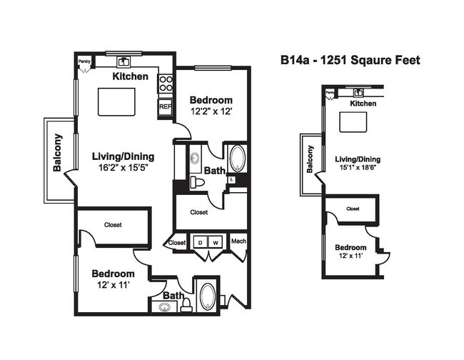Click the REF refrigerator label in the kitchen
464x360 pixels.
pyautogui.click(x=165, y=106)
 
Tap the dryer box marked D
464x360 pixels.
pyautogui.click(x=201, y=241)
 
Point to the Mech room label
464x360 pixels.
pyautogui.click(x=238, y=241)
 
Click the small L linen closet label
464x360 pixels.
pyautogui.click(x=232, y=180)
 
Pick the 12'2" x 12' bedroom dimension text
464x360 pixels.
pyautogui.click(x=211, y=111)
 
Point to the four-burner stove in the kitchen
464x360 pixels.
pyautogui.click(x=166, y=84)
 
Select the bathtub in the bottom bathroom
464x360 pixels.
pyautogui.click(x=207, y=296)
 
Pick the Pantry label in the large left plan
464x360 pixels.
pyautogui.click(x=84, y=62)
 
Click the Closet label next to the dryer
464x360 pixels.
pyautogui.click(x=177, y=243)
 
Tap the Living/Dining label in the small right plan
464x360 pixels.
pyautogui.click(x=358, y=159)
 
